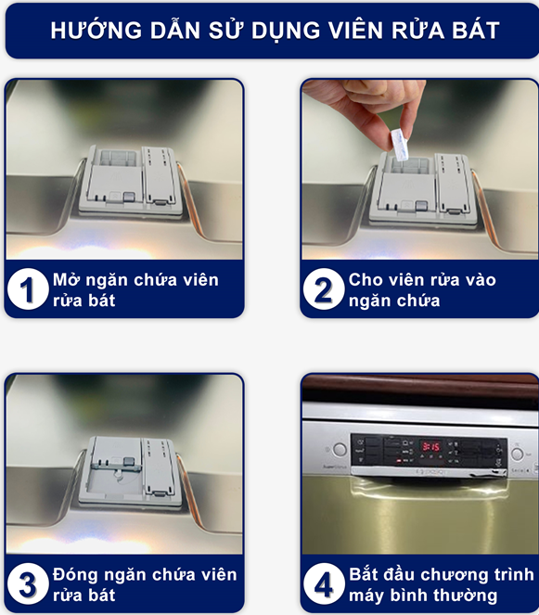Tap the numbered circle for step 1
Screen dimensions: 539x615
point(28,289)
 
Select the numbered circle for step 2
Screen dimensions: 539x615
point(324,289)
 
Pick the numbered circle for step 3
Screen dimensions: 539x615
point(28,584)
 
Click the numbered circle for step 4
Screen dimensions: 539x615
point(324,584)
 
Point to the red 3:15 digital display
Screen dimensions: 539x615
point(430,446)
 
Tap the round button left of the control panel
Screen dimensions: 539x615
point(340,450)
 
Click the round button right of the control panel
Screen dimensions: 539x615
point(518,455)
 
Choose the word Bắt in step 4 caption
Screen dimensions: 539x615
point(364,574)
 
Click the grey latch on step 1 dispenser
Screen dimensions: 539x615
point(128,197)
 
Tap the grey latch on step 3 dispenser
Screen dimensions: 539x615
point(129,462)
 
